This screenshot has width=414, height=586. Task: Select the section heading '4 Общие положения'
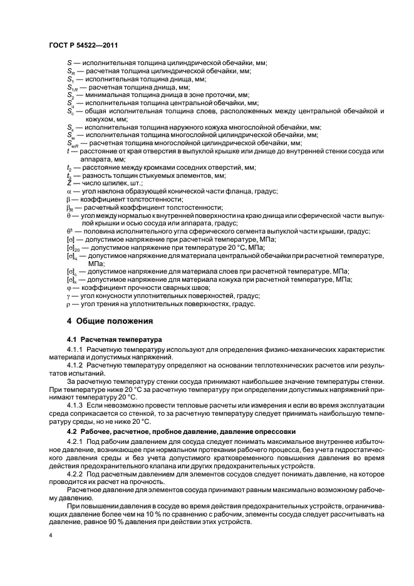[110, 322]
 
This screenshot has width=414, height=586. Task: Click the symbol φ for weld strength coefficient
[69, 286]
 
